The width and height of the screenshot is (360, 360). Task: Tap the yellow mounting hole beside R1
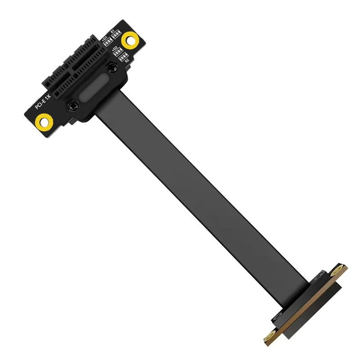pos(130,40)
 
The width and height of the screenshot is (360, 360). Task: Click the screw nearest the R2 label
pos(111,67)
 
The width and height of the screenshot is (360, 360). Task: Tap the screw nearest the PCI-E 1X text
pos(72,106)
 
